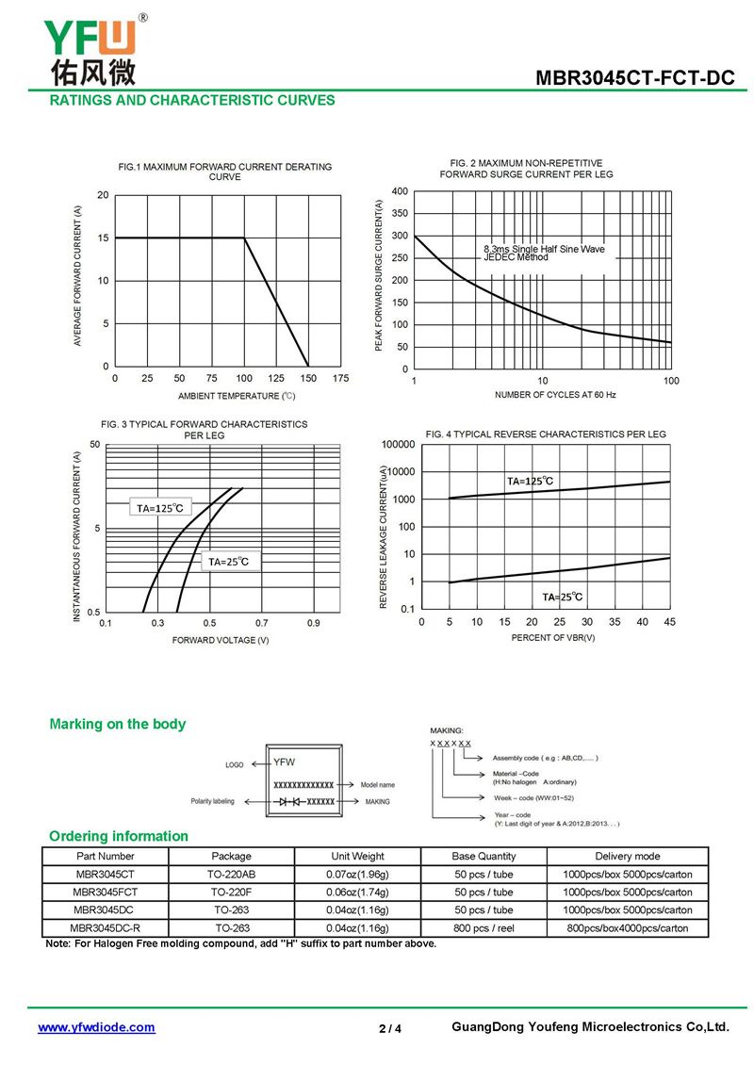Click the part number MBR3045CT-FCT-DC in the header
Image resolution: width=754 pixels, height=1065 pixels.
point(634,78)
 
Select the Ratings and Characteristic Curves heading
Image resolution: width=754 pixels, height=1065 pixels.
point(192,101)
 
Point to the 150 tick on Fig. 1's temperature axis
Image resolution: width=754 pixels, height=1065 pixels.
point(308,378)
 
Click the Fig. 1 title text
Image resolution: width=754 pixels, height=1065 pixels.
point(225,172)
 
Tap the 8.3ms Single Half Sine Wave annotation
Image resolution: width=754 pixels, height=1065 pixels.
point(544,249)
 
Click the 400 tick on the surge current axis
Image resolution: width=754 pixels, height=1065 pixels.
point(401,191)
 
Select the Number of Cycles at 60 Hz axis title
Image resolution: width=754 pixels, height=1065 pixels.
point(555,395)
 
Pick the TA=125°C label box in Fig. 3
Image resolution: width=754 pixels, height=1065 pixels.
point(160,508)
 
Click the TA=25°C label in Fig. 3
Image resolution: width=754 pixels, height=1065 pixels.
point(229,562)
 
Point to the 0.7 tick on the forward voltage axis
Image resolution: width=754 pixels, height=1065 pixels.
point(261,623)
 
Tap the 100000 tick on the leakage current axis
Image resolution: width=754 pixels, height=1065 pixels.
point(398,444)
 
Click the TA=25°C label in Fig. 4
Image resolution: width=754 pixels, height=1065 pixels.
point(562,597)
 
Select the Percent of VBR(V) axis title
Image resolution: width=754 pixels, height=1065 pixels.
point(553,638)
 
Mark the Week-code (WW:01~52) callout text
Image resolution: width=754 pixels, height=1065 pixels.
point(533,798)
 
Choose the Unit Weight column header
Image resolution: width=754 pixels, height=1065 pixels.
point(357,857)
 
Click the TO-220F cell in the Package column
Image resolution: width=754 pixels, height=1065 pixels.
point(231,893)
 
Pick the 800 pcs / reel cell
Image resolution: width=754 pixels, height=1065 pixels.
point(484,928)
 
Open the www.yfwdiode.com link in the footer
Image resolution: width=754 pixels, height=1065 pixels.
point(96,1027)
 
